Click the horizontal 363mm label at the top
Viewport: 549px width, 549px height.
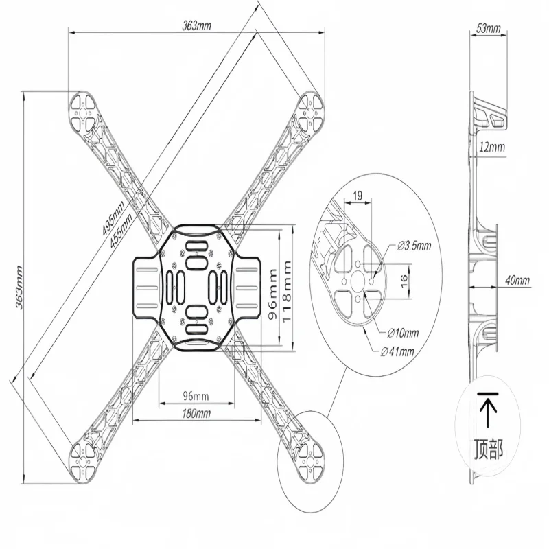(x=197, y=25)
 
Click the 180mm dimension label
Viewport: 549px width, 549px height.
(x=196, y=413)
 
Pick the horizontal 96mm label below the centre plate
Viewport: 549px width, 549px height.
(x=196, y=397)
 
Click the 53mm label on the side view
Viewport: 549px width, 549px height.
(x=488, y=29)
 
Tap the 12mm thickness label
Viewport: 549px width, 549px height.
(x=492, y=148)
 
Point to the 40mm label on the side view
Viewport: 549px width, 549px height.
(x=517, y=280)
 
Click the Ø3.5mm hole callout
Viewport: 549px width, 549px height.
(x=414, y=245)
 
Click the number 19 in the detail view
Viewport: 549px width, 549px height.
(x=358, y=196)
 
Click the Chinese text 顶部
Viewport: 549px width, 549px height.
(x=488, y=449)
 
